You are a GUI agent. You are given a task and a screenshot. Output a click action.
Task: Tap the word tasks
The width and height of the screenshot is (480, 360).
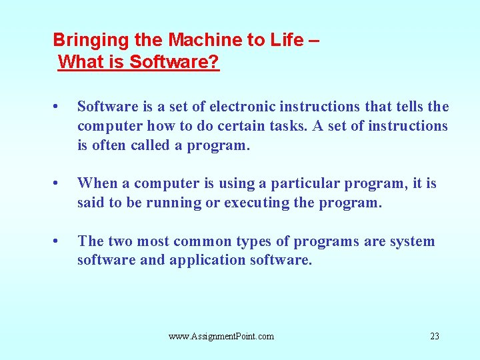[x=289, y=126]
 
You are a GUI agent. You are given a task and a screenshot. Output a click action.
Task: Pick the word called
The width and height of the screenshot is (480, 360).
[x=150, y=145]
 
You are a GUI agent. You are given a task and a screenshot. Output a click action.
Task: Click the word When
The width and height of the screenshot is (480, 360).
[x=97, y=183]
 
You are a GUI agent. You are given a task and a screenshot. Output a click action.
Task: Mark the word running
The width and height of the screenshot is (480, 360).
[x=173, y=203]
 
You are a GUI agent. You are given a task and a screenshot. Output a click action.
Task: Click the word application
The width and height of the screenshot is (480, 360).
[x=207, y=260]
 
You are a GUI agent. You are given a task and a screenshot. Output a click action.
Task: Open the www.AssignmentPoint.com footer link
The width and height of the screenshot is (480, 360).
[x=221, y=337]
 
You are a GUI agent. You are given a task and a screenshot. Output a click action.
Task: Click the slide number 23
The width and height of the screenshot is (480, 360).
[x=435, y=336]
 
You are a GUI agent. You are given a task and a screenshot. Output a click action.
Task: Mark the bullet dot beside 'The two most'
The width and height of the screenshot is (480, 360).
[x=55, y=241]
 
